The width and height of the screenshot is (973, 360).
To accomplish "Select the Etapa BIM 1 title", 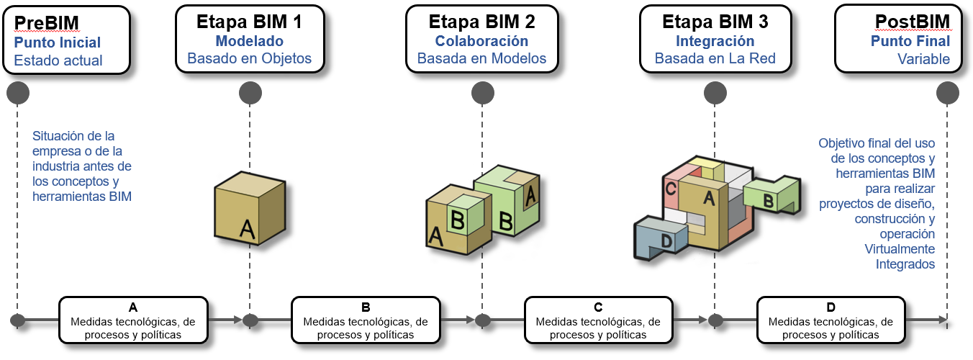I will pos(249,22).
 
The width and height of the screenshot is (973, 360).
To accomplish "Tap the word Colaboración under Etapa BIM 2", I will pos(481,41).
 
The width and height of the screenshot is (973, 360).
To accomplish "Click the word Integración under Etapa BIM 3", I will pos(715,41).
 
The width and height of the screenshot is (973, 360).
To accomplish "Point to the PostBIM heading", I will pos(912,22).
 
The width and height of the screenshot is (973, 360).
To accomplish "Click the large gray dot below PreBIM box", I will pos(17,92).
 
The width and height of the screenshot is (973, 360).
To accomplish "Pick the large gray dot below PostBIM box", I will pos(949,92).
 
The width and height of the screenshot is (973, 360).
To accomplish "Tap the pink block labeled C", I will pos(671,189).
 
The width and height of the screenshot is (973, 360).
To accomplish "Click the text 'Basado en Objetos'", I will pos(249,59).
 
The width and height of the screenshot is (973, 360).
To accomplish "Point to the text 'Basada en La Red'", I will pos(715,59).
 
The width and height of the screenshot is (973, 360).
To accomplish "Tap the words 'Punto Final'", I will pos(910,41).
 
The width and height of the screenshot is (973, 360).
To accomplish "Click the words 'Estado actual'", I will pos(58,60).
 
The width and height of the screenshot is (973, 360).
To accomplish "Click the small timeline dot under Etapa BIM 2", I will pos(483,320).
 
